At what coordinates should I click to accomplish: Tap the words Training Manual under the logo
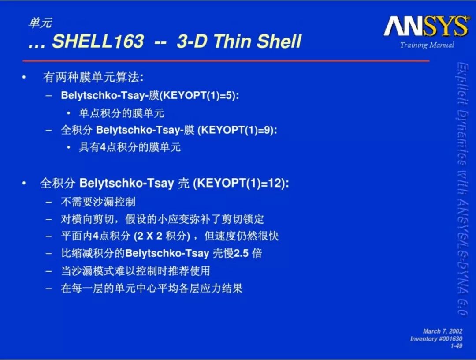pos(427,45)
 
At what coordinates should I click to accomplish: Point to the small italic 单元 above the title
pos(41,23)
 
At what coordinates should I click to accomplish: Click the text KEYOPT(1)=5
pos(199,95)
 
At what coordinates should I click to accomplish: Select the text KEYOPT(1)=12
pos(239,183)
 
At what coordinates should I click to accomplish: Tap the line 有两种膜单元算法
pos(93,77)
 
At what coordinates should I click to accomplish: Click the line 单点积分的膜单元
pos(122,113)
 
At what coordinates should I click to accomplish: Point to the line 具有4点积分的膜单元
pos(130,147)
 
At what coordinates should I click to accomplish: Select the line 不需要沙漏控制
pos(98,202)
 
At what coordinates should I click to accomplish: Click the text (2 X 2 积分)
pos(162,236)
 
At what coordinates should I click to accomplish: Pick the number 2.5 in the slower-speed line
pos(242,253)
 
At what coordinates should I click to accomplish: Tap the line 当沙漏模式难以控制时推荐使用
pos(135,271)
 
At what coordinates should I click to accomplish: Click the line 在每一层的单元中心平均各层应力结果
pos(152,288)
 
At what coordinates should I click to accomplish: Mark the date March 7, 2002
pos(443,331)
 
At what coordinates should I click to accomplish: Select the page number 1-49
pos(456,346)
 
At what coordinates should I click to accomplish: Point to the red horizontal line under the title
pos(226,61)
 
